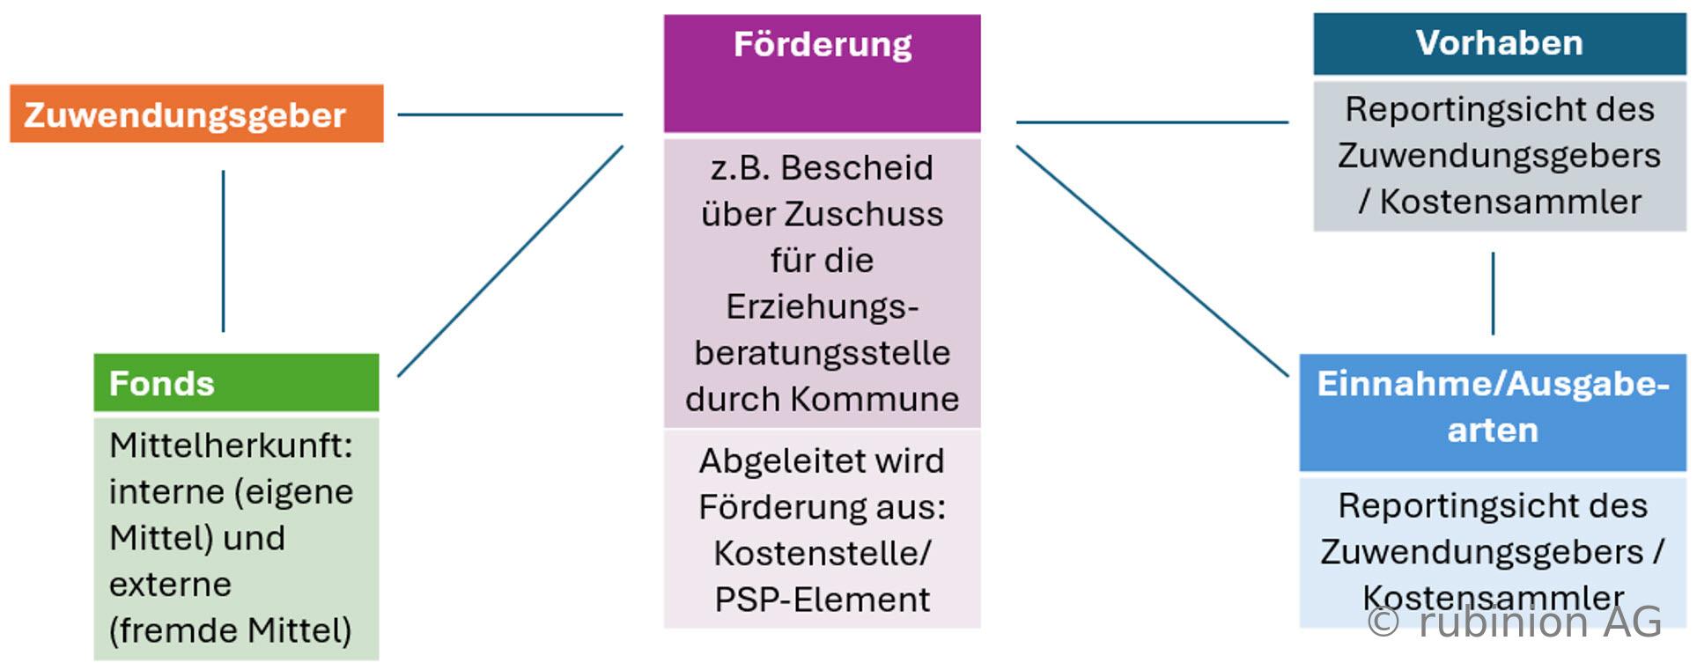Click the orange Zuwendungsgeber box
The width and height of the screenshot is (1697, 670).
196,114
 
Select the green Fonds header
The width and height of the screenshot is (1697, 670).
236,383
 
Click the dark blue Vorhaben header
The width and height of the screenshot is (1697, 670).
1500,43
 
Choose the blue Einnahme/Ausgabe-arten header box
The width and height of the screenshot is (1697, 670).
1493,412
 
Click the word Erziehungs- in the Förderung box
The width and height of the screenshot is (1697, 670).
823,306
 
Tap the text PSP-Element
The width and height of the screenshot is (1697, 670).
823,600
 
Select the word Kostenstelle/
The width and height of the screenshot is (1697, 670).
823,553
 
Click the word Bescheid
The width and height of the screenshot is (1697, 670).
857,167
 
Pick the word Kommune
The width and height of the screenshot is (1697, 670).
874,399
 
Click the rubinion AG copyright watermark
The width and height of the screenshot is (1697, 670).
1515,622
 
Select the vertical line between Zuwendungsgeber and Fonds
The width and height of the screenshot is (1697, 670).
224,251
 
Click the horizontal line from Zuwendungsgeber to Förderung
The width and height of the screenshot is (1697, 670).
510,114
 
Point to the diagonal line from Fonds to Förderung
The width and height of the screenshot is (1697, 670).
510,261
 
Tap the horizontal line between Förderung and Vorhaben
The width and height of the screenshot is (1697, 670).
1153,122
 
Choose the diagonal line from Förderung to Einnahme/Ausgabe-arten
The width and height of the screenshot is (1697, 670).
1153,261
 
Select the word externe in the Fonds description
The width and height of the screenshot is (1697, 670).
170,585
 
